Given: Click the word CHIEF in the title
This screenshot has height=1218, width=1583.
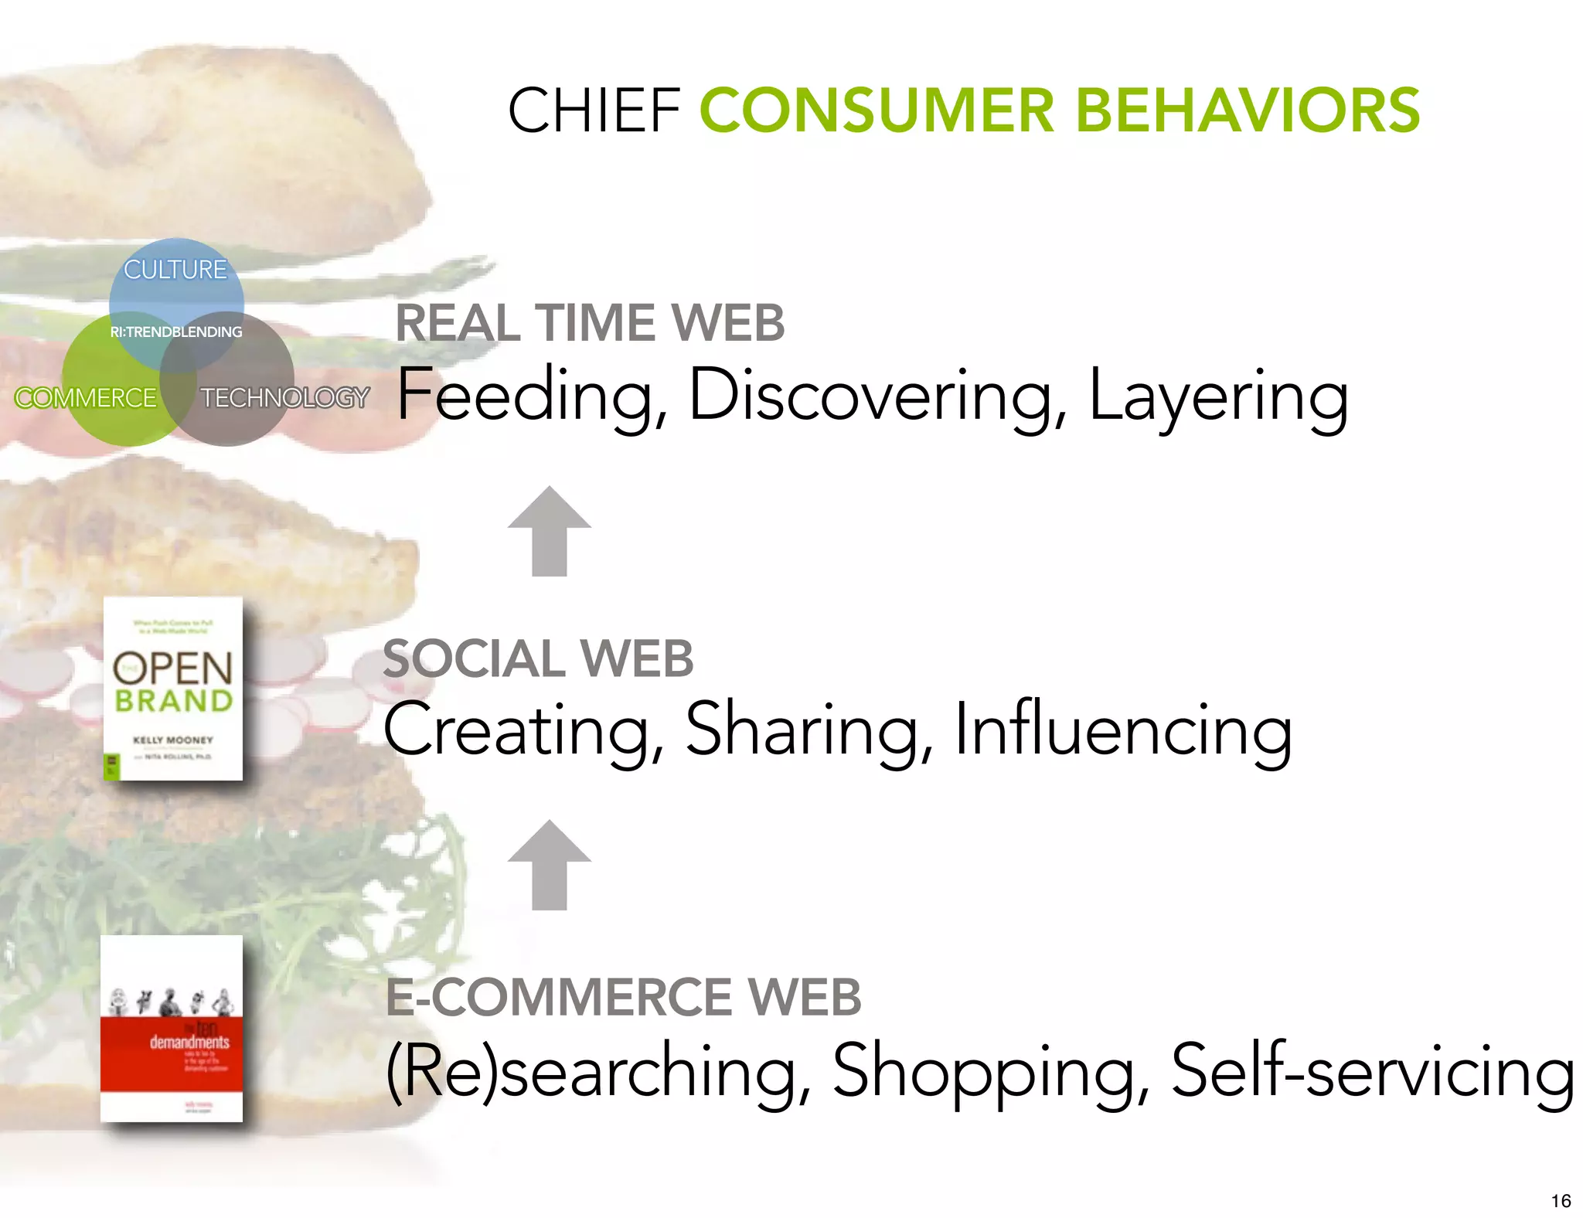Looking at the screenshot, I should pos(594,111).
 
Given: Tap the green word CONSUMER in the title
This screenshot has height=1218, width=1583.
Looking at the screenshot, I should pos(877,111).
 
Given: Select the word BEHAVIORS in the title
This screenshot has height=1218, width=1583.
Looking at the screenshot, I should pos(1247,111).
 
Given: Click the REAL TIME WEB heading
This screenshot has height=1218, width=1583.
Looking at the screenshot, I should pos(590,322).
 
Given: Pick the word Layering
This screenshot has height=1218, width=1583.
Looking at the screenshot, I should pos(1218,396).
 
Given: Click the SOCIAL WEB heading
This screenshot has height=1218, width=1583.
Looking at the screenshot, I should pos(538,658).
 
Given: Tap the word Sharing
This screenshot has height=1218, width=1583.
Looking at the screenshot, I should pos(809,730).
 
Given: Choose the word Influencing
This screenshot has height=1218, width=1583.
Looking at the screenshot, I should pos(1122,730).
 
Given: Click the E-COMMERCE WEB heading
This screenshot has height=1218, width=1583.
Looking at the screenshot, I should pos(623,997).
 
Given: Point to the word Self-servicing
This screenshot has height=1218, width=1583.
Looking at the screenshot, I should pos(1372,1071).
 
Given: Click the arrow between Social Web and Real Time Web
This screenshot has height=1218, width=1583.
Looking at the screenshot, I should pos(550,531).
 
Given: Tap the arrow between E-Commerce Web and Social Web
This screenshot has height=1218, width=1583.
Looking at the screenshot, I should pos(550,865).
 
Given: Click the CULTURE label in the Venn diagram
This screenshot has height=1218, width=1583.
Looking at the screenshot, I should pos(175,270).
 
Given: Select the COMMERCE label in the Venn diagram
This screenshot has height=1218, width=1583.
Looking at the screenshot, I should pos(86,398).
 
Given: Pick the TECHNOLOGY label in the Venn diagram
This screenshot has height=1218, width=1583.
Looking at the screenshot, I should pos(284,398).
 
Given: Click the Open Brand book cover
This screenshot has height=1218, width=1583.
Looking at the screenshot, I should pos(173,689).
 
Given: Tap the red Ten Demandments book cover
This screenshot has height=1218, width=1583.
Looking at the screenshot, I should pos(172,1029).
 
